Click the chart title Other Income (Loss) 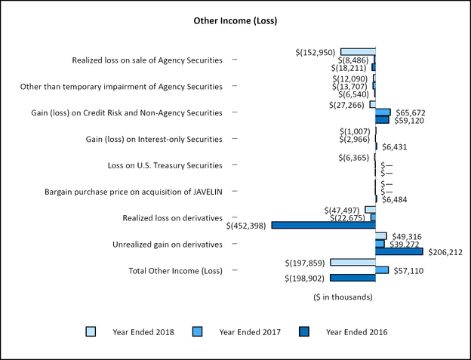click(235, 20)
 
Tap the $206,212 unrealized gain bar click(399, 251)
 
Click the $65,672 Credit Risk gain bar click(383, 112)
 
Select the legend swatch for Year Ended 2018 click(90, 331)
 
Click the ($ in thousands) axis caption click(343, 297)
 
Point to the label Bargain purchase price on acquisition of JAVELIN click(134, 192)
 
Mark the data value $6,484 click(394, 199)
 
